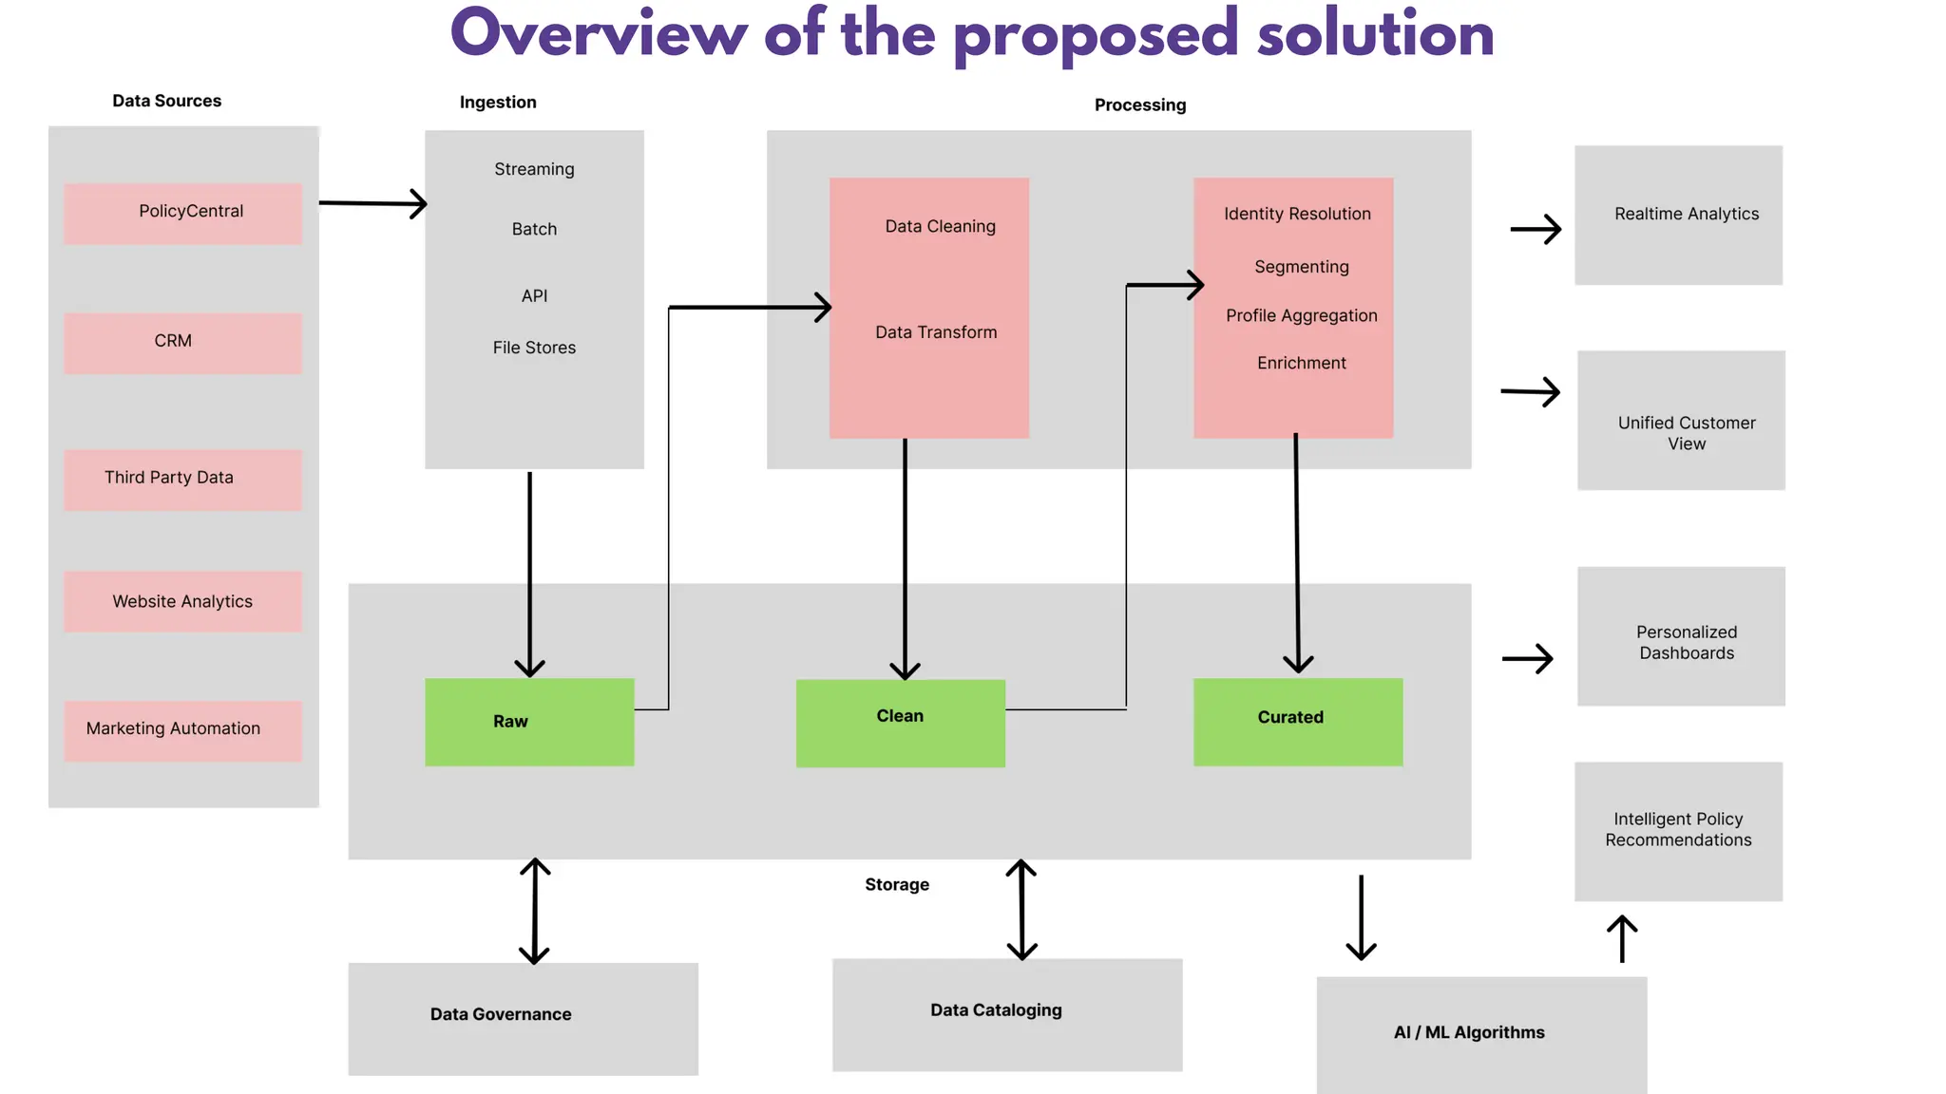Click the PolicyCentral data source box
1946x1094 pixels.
coord(183,213)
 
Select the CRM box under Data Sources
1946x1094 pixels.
coord(183,342)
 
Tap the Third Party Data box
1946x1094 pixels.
coord(183,479)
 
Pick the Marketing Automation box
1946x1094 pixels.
coord(183,729)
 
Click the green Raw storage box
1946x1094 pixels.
coord(529,722)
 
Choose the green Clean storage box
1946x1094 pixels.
coord(900,723)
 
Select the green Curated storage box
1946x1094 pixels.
coord(1298,722)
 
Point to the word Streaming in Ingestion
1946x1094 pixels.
coord(534,169)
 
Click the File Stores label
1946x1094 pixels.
coord(534,348)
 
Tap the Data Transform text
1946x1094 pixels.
coord(936,332)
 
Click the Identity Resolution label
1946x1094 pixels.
coord(1297,214)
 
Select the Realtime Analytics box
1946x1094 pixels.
coord(1678,215)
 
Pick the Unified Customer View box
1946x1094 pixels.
coord(1681,421)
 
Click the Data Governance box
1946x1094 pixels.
coord(523,1018)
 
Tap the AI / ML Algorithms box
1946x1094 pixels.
coord(1480,1033)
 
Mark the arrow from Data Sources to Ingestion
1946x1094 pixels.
coord(372,203)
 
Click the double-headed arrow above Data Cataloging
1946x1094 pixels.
coord(1021,910)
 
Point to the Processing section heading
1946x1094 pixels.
coord(1139,104)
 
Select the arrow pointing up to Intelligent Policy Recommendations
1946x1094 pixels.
coord(1622,938)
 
